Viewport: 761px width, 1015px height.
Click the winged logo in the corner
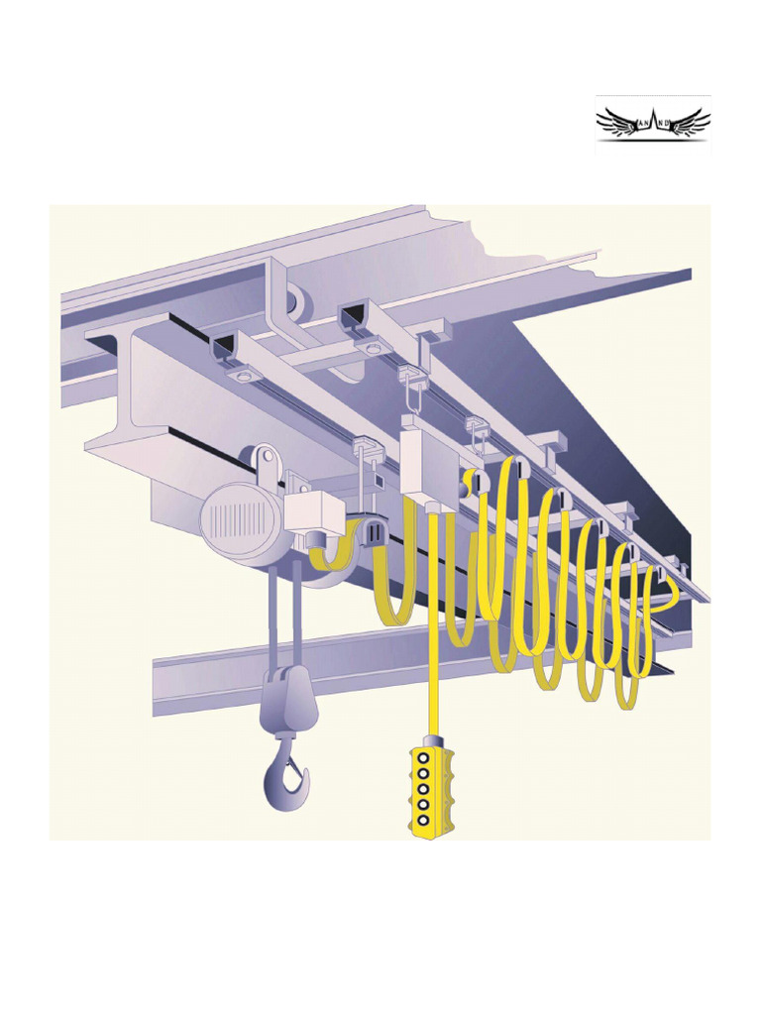(x=653, y=125)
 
